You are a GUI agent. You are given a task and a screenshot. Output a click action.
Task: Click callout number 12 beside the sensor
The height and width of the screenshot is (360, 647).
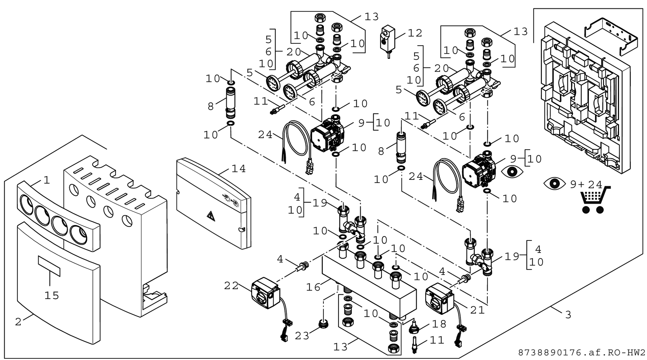pos(415,33)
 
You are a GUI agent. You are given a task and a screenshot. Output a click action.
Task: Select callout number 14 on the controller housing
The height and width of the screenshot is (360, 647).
pos(239,169)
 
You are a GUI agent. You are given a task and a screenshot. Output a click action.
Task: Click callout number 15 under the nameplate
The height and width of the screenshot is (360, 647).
pos(51,296)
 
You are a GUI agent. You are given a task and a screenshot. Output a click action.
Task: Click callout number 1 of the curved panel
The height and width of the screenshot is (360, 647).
pos(47,180)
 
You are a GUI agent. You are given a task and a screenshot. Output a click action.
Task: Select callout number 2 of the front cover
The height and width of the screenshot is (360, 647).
pos(18,322)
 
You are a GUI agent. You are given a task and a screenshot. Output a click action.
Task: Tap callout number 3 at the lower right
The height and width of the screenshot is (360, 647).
pos(568,315)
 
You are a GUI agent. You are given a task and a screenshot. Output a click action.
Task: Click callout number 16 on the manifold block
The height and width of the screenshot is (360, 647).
pos(313,287)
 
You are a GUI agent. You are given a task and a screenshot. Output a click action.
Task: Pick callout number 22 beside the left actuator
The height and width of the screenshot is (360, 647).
pos(231,286)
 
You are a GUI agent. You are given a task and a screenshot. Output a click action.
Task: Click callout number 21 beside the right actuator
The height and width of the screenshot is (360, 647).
pos(477,310)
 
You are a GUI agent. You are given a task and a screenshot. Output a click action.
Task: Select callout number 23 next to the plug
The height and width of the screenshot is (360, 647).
pos(302,336)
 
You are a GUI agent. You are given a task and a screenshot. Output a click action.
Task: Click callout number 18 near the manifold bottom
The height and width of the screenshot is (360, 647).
pos(439,324)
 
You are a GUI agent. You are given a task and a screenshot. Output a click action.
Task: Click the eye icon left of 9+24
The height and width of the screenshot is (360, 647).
pos(554,184)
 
